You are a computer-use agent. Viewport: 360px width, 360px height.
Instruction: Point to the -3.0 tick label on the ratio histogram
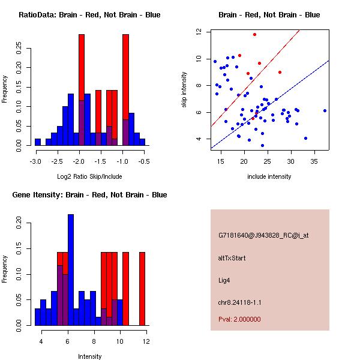click(x=35, y=161)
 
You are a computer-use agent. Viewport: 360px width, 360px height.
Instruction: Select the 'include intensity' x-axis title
click(x=269, y=176)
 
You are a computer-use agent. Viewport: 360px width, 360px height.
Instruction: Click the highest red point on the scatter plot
click(x=254, y=35)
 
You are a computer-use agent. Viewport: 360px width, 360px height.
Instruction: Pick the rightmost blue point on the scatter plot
click(x=325, y=110)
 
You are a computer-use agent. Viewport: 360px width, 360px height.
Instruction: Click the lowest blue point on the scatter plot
click(x=262, y=145)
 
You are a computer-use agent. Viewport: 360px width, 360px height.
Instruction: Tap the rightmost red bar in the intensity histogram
click(x=142, y=289)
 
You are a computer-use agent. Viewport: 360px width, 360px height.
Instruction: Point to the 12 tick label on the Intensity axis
click(x=146, y=341)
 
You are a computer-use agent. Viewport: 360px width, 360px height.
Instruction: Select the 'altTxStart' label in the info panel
click(x=232, y=258)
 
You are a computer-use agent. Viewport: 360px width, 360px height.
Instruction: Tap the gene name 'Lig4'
click(x=224, y=280)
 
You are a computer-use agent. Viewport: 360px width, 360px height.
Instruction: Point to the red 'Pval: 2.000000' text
click(x=239, y=319)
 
